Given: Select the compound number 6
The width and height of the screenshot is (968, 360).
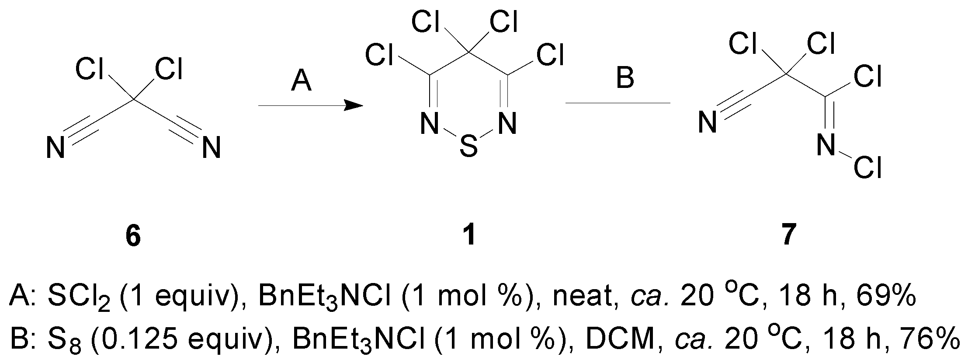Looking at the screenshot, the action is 133,237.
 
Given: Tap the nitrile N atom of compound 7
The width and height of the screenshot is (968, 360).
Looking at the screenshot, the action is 707,123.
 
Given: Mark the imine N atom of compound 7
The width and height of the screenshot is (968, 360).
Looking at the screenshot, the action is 826,146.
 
